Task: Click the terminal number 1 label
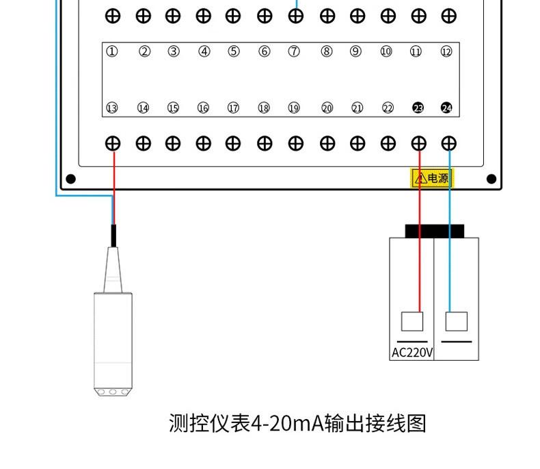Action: point(112,51)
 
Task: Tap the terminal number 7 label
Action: point(294,51)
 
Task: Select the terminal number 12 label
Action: point(446,51)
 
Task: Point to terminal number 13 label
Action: point(112,108)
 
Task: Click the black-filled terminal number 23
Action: point(418,108)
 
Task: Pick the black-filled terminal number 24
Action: point(446,108)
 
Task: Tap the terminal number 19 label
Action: point(294,108)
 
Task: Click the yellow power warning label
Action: point(431,179)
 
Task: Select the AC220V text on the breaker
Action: point(411,353)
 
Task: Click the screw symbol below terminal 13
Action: point(113,143)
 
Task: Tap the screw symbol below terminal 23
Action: point(418,143)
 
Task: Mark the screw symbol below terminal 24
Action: point(448,143)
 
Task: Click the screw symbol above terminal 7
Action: point(295,16)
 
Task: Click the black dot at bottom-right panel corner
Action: point(491,179)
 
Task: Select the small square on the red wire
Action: point(411,321)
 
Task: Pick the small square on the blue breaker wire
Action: point(456,321)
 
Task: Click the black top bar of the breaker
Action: point(434,231)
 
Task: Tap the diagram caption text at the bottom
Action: point(297,423)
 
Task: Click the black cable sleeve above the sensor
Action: point(113,236)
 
